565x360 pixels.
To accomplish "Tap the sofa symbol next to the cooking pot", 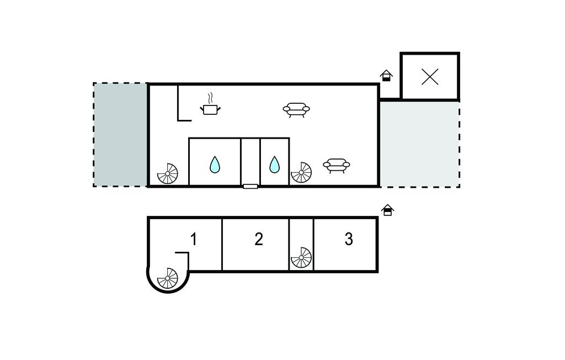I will (x=296, y=109).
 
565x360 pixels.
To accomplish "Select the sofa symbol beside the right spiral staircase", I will (x=337, y=165).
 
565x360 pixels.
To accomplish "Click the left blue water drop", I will (x=215, y=165).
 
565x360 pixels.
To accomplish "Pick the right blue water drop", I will (x=274, y=165).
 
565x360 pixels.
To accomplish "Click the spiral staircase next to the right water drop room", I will (x=301, y=172).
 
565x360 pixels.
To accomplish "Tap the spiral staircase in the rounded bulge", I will (x=168, y=278).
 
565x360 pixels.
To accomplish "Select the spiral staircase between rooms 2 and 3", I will (x=301, y=257).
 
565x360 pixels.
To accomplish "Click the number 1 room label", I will (x=194, y=239).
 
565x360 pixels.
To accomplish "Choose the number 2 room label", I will (x=259, y=239).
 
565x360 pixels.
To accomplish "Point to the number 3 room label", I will (x=349, y=239).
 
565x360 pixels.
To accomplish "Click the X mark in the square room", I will (x=430, y=77).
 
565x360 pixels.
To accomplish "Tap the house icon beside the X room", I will (x=387, y=76).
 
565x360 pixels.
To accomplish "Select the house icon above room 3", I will (x=388, y=210).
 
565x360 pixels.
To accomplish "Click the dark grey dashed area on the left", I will (x=120, y=135).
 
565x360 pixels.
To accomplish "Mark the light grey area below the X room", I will (x=419, y=144).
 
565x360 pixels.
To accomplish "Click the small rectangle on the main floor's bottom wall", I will (x=250, y=187).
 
